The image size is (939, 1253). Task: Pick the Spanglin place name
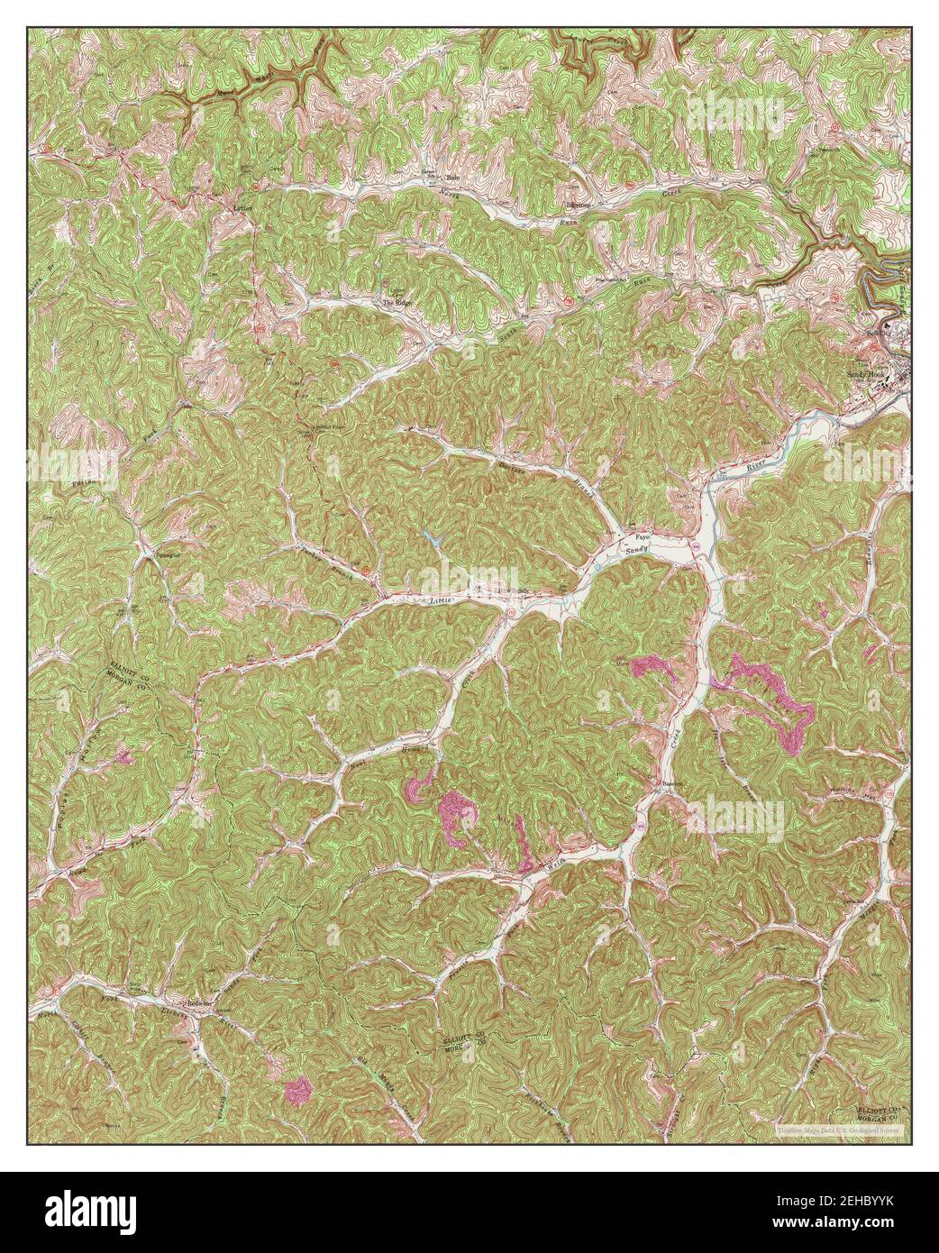(x=169, y=555)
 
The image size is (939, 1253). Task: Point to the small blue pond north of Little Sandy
(x=431, y=541)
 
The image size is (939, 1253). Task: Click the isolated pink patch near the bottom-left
(x=297, y=1091)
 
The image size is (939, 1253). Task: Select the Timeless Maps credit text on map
(x=843, y=1128)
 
